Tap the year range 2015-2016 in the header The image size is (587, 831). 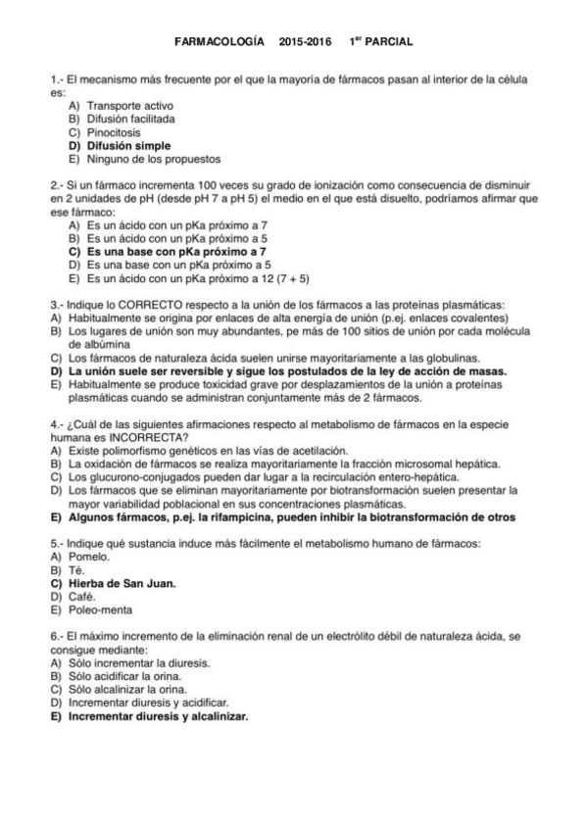click(x=305, y=43)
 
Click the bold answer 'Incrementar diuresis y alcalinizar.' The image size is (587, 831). click(x=158, y=715)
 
